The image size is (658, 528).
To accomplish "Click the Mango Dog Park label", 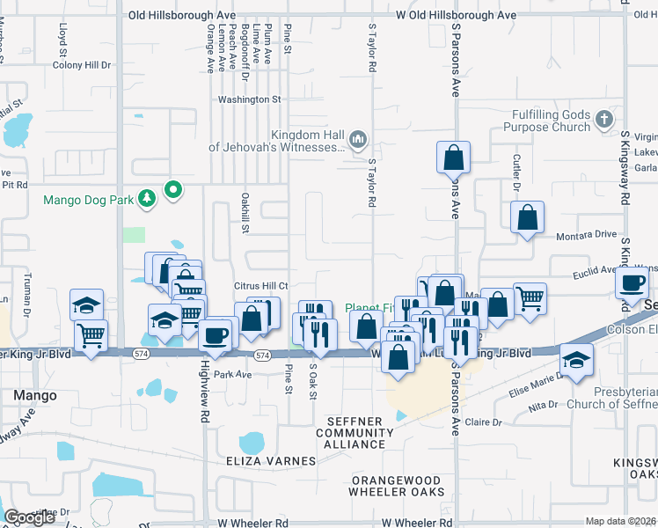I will point(90,200).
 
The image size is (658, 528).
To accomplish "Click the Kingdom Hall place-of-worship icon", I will point(358,139).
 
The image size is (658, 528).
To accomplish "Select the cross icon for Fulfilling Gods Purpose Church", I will point(603,120).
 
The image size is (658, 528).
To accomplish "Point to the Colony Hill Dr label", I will point(82,65).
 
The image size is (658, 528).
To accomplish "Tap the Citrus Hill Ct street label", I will point(261,286).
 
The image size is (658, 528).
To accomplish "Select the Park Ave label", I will point(233,374).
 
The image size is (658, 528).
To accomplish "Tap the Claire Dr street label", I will point(484,422).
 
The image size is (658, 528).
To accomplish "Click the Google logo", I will point(30,518).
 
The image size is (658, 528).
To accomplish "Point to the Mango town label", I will point(35,396).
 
